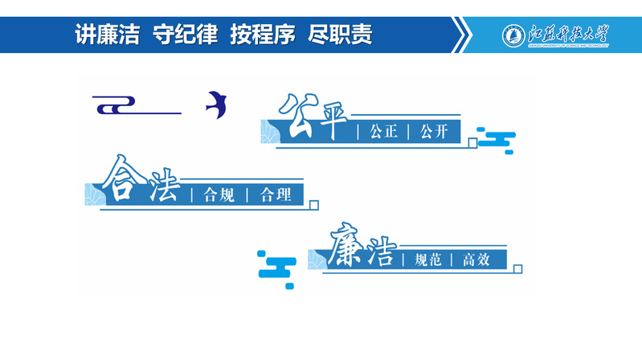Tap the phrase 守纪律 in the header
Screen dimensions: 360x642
click(186, 34)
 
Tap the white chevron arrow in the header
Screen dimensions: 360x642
click(462, 35)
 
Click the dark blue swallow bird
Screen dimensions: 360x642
click(215, 101)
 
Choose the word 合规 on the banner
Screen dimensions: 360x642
click(219, 194)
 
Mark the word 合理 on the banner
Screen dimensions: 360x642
click(276, 194)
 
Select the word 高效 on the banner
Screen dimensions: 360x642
click(480, 260)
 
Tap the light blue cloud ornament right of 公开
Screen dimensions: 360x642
click(497, 140)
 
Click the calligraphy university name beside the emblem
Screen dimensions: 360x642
click(570, 35)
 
